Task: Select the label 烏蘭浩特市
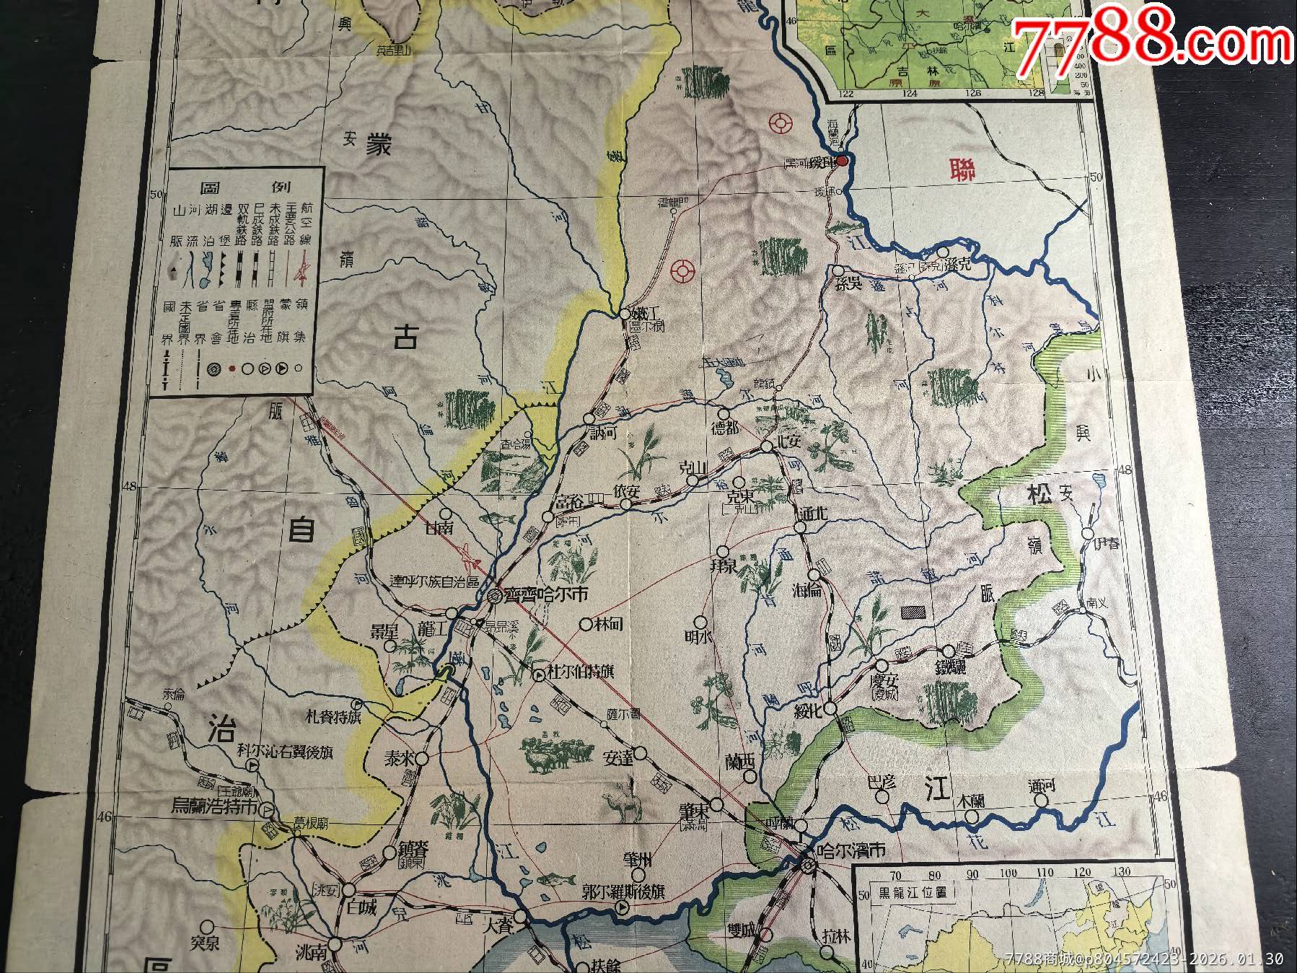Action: (x=214, y=806)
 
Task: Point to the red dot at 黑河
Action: (x=842, y=161)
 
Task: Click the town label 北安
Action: (x=787, y=441)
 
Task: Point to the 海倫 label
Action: (x=806, y=591)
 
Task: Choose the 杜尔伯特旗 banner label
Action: (x=580, y=672)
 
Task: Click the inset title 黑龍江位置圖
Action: (x=912, y=891)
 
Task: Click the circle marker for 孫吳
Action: (x=840, y=270)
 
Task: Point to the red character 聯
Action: (x=964, y=170)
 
